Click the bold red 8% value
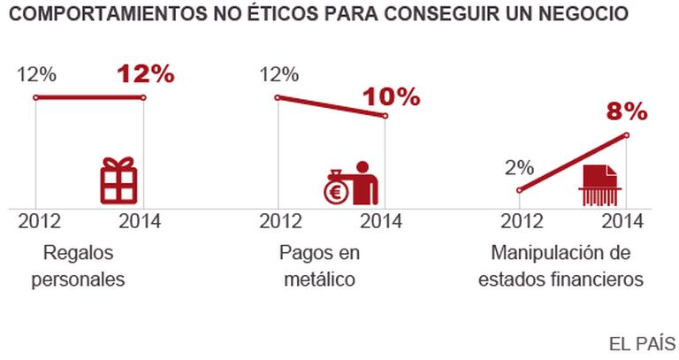click(626, 112)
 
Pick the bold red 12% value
click(146, 74)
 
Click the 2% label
click(520, 167)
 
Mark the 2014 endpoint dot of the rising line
click(627, 135)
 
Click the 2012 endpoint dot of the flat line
click(34, 97)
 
